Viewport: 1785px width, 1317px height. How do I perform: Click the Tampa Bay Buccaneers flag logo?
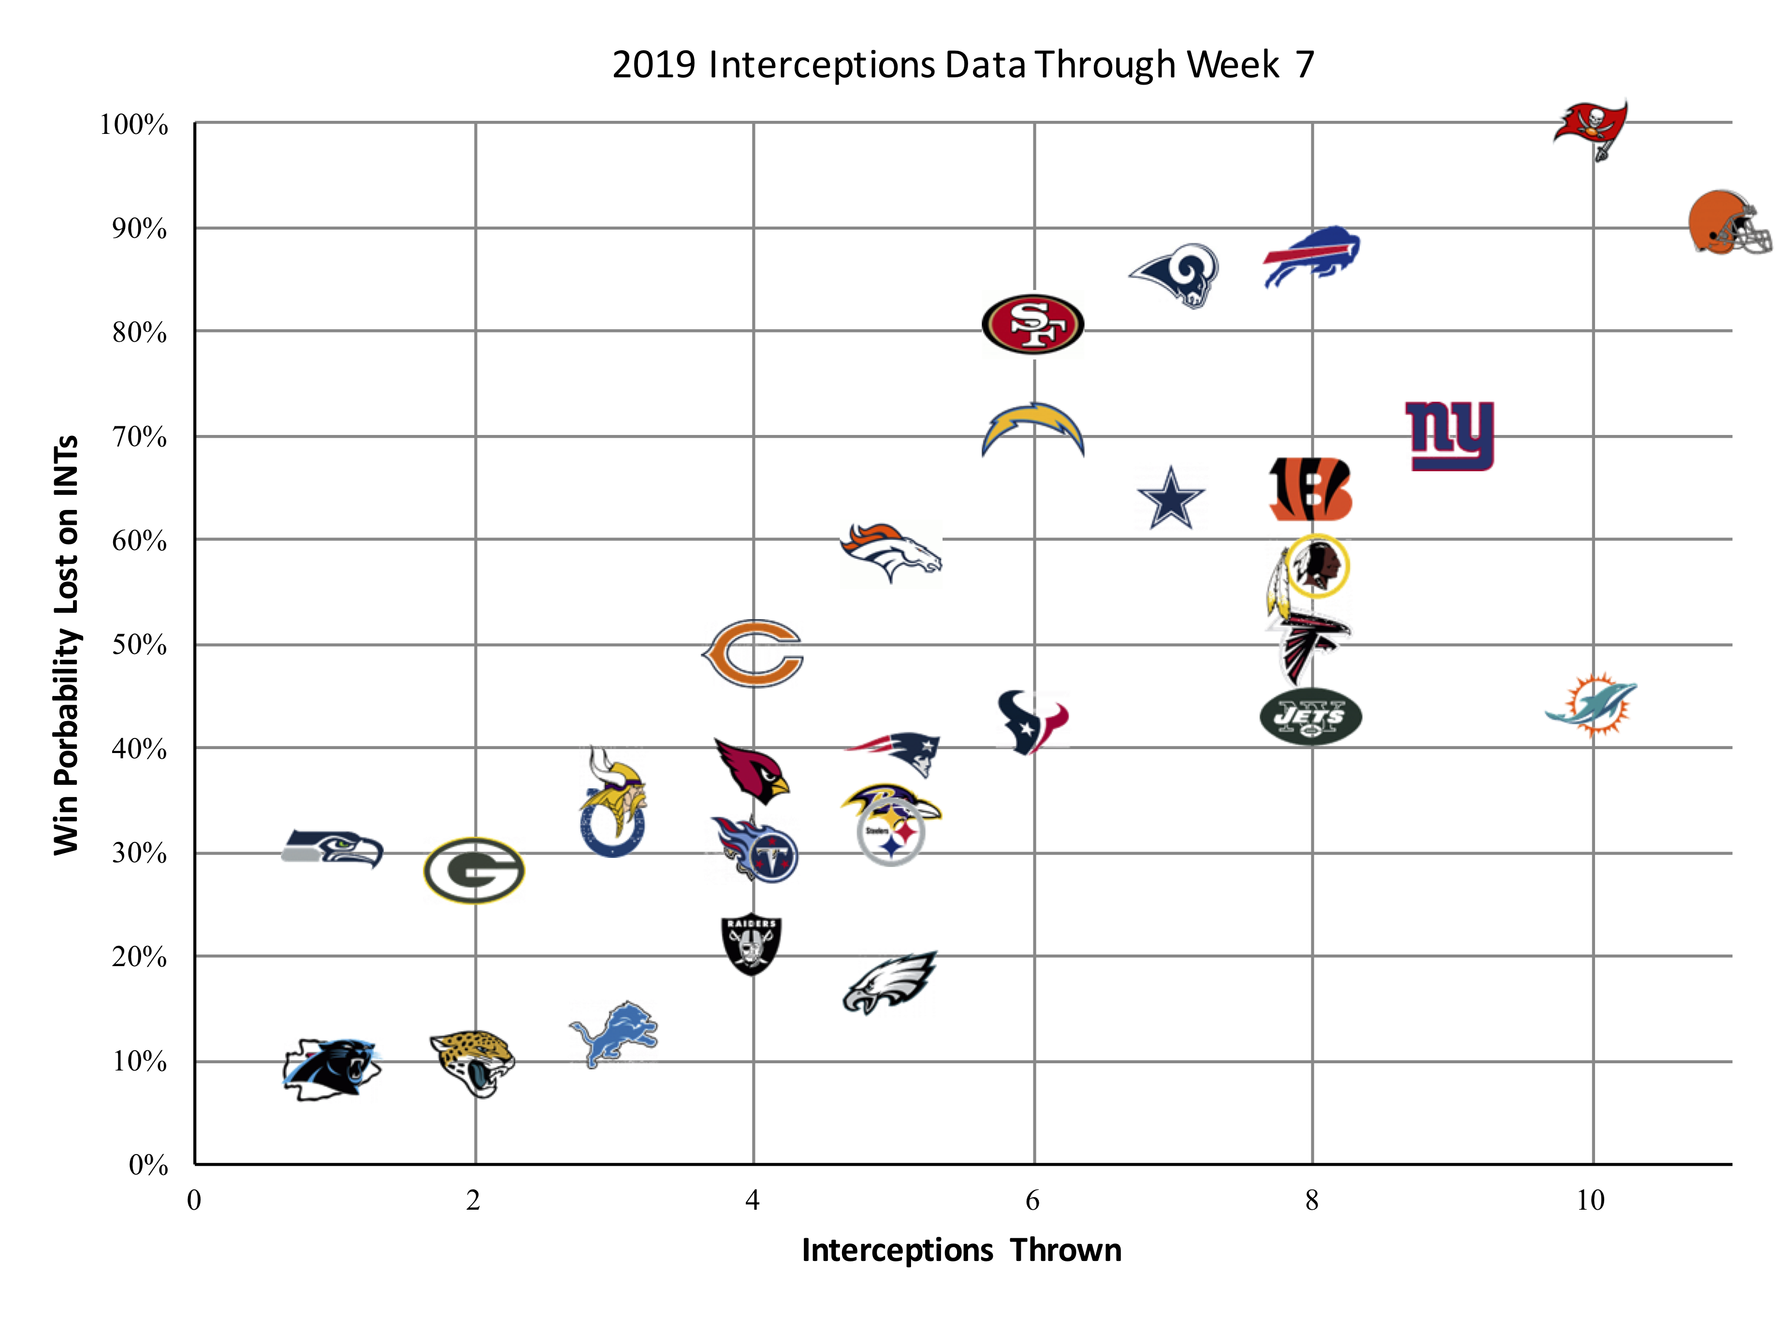[x=1591, y=127]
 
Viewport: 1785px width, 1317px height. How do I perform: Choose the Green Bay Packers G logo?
[x=474, y=870]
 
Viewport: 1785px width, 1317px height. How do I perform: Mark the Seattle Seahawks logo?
[x=333, y=848]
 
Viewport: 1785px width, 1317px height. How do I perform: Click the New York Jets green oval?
[x=1311, y=716]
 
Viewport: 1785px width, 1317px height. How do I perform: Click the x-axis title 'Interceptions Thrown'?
[x=961, y=1250]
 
